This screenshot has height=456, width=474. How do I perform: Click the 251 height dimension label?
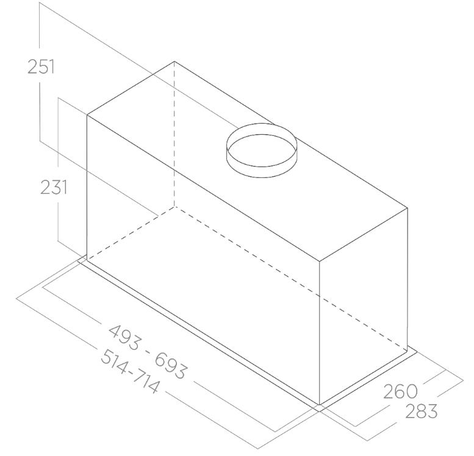click(x=41, y=67)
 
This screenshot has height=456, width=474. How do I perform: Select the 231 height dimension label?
click(x=54, y=187)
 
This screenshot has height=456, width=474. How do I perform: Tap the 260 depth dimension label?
click(x=401, y=391)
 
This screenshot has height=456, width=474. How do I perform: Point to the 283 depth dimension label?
click(x=422, y=411)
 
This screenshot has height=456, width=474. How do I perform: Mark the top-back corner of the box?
click(x=174, y=62)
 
